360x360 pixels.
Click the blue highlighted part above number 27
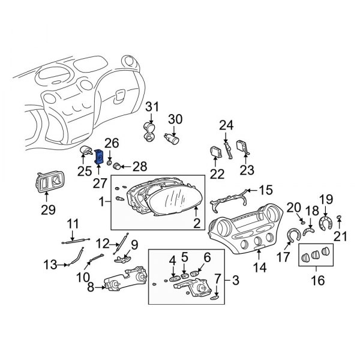click(100, 159)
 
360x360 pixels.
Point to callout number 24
click(226, 125)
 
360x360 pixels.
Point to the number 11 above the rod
click(73, 224)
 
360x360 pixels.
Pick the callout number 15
click(265, 191)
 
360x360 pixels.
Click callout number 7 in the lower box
click(217, 280)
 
